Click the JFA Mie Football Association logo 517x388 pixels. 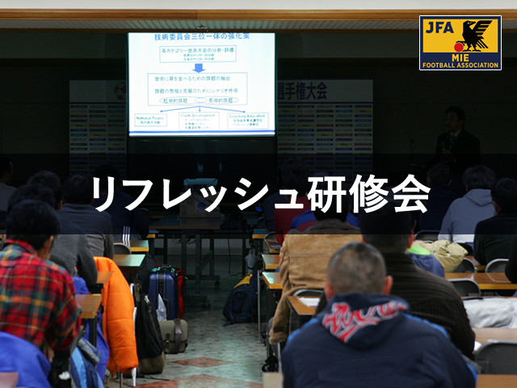(460, 43)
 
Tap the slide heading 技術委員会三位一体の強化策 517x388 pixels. (201, 38)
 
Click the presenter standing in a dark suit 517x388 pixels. (456, 141)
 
